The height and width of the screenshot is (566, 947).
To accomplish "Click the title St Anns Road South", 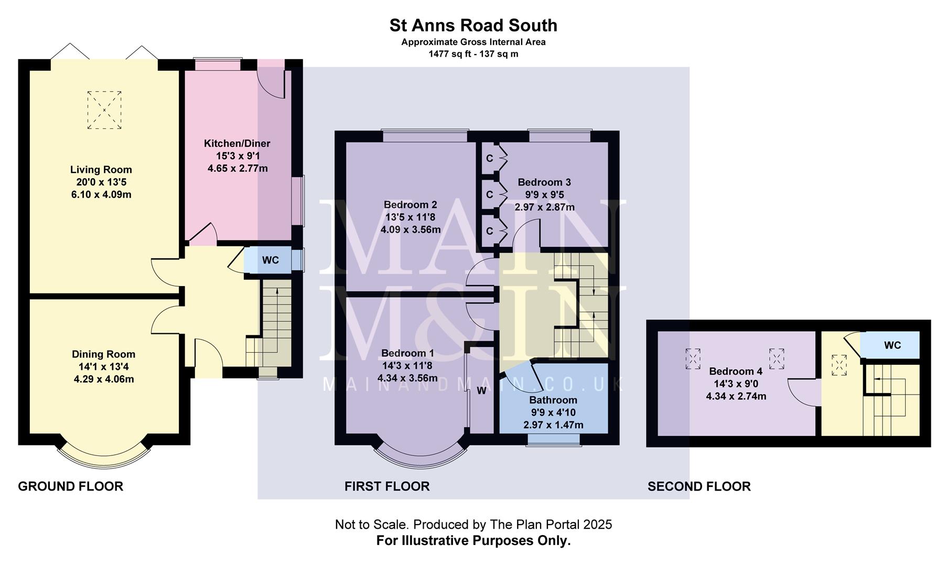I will [473, 25].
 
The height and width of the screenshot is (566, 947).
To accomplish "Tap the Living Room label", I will [101, 170].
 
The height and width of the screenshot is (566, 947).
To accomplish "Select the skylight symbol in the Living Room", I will [104, 110].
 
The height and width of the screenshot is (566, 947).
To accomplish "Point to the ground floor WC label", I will [271, 260].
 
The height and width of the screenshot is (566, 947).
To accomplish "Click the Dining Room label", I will [103, 354].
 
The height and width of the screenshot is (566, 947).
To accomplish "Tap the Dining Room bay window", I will [103, 454].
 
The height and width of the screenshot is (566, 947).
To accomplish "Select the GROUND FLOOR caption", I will [71, 486].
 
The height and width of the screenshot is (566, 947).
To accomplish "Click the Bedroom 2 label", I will [410, 204].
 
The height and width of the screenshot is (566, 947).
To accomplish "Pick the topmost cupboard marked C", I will [489, 158].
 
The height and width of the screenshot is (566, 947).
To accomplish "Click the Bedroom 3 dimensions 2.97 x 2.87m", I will [544, 207].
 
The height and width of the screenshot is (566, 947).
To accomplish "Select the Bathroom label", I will [553, 400].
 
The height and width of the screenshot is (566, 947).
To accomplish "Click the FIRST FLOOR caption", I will [387, 486].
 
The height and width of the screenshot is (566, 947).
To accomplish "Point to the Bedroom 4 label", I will [736, 372].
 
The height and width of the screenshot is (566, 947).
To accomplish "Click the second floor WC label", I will [892, 345].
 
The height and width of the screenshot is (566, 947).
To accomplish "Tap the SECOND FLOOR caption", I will [699, 486].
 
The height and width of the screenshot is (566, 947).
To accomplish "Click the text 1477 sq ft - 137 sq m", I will [473, 53].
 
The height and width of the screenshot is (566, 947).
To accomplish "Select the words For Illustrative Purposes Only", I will [473, 541].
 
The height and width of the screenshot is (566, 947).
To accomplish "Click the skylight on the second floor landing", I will [839, 364].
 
